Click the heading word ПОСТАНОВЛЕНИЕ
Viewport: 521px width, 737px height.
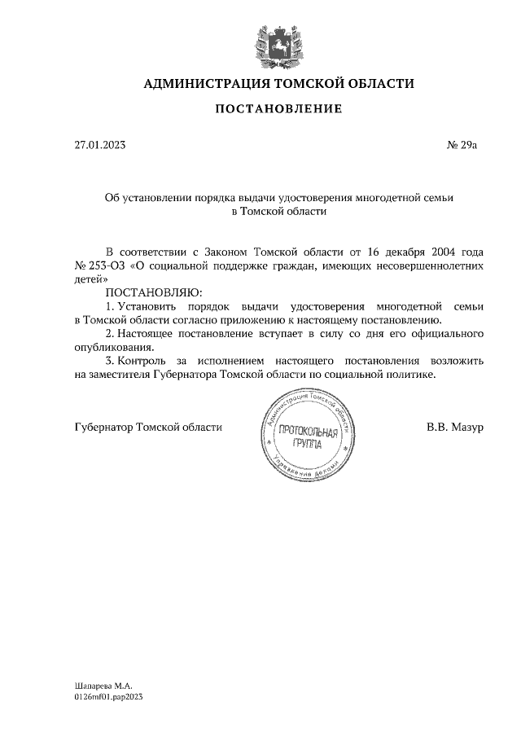[x=278, y=108]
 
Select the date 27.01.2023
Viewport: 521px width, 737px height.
[x=99, y=146]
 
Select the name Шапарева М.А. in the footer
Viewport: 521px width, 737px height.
[x=102, y=686]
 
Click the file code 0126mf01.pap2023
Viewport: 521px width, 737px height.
[x=107, y=698]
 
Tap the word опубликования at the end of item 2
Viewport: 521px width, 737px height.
[x=112, y=348]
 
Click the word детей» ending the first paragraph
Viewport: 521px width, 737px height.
[x=90, y=278]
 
